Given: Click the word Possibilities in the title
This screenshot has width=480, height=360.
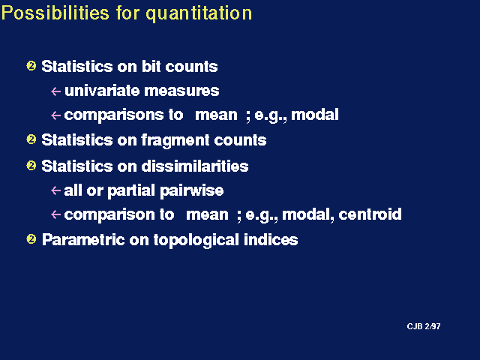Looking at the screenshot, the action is [55, 13].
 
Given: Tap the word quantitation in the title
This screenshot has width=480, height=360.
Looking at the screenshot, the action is [199, 14].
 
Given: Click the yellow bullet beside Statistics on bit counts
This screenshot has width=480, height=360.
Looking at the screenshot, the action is [31, 66].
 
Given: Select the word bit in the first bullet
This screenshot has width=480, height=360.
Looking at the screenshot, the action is [151, 66].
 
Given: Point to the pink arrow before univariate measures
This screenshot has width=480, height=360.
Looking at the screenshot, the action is [55, 91].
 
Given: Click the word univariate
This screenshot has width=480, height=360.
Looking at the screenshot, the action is [102, 91].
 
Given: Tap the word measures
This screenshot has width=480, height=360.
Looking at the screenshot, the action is [181, 91].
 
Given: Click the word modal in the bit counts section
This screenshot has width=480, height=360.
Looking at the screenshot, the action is [315, 115].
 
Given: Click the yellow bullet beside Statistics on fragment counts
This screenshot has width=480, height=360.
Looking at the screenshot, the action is [31, 139].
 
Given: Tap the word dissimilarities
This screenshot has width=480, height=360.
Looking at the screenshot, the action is [195, 166].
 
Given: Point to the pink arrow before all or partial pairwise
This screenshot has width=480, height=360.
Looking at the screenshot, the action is [55, 190].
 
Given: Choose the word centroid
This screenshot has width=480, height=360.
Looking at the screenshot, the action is [370, 214].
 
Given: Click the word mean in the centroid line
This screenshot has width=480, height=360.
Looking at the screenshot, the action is [207, 214].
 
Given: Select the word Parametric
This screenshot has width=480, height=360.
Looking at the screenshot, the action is [83, 239].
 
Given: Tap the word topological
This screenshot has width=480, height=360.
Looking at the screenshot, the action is [196, 240].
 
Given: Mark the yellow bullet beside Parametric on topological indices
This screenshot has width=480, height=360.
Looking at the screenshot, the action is [31, 238].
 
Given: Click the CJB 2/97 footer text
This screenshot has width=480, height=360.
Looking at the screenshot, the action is [424, 326].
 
